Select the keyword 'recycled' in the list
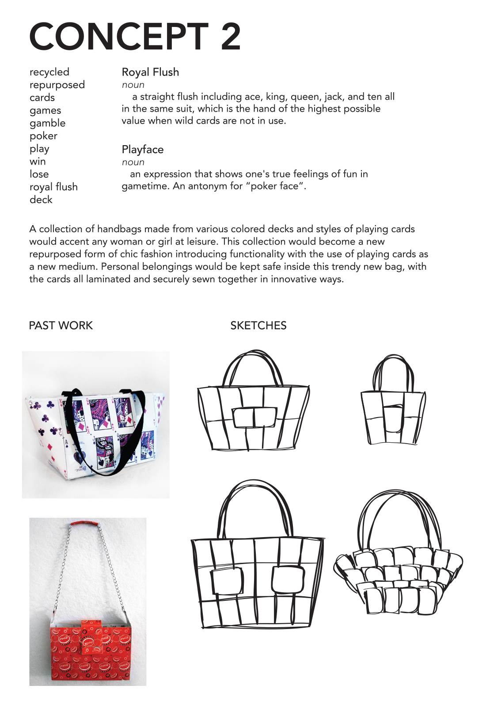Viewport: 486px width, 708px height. (49, 72)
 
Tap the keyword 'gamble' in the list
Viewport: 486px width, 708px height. (47, 123)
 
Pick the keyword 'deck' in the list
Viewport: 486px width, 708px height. (41, 200)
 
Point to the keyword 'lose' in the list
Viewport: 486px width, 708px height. (39, 174)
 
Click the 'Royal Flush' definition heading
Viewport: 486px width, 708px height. (150, 72)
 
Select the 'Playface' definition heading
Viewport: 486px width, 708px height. (142, 150)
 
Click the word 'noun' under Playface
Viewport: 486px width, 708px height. (133, 162)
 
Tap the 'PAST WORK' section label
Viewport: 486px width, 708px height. (61, 326)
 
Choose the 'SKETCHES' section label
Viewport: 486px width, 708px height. (258, 326)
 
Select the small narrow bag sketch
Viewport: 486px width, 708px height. (393, 402)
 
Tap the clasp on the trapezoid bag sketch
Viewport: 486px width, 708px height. (254, 418)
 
